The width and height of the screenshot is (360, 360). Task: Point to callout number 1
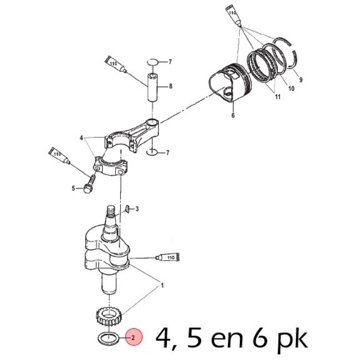tap(162, 285)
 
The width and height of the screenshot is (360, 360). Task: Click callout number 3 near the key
tap(137, 209)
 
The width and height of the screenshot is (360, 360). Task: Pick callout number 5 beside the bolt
tap(73, 188)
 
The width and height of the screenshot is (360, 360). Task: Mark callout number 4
tap(81, 137)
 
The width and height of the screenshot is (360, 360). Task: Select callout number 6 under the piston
tap(233, 116)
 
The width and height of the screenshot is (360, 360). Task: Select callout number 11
tap(277, 97)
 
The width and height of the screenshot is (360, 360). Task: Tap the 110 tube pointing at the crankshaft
tap(167, 258)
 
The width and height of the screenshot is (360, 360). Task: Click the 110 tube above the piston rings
tap(233, 14)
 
